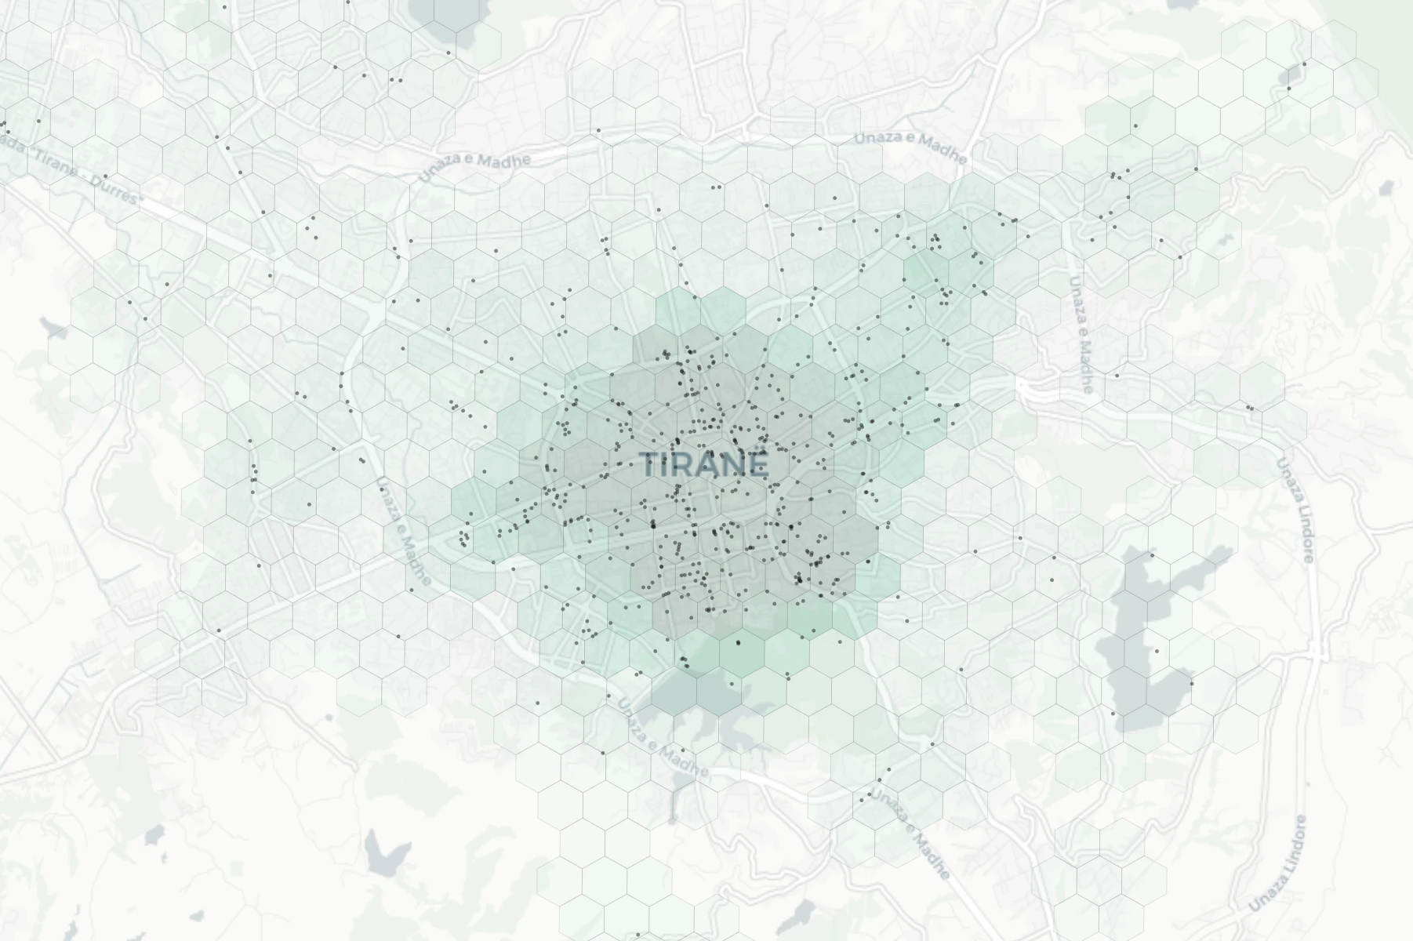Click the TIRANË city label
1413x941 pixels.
704,465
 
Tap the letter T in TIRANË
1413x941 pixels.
651,465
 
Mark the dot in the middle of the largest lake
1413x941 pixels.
1157,651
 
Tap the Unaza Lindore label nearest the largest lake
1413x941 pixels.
1296,510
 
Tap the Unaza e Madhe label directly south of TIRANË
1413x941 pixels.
663,737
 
